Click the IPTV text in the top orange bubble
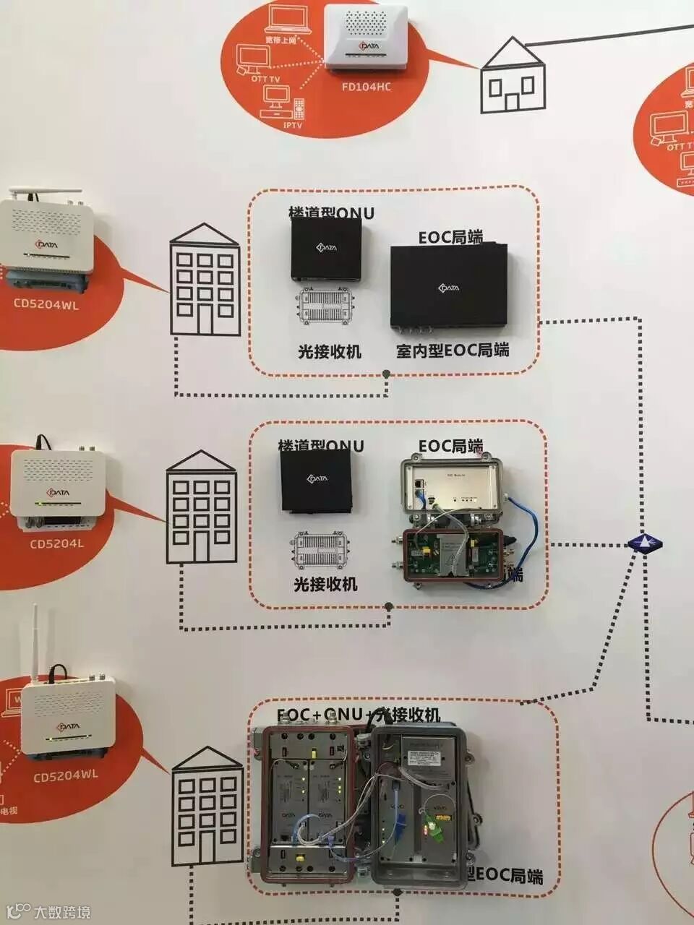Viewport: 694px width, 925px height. coord(293,125)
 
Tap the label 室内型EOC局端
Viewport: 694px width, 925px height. coord(453,350)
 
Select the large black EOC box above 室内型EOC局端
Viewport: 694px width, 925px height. coord(449,286)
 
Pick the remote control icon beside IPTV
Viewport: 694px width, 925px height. coord(300,109)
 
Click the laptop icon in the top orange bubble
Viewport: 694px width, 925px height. coord(289,18)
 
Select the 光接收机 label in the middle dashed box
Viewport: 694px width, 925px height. coord(325,584)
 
